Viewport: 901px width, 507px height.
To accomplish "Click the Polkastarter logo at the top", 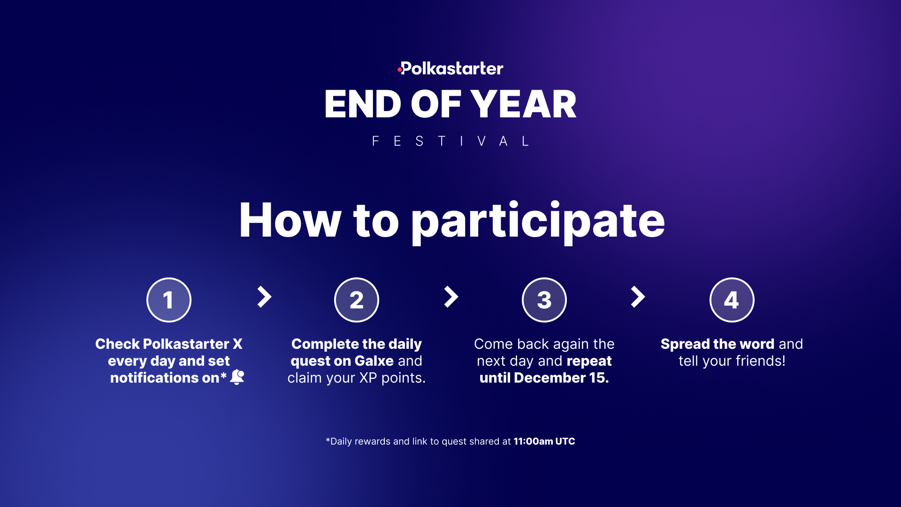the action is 450,69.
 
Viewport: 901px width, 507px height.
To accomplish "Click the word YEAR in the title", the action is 524,104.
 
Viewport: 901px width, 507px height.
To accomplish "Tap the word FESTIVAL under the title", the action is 450,141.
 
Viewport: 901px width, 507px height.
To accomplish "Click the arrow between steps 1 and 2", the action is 265,297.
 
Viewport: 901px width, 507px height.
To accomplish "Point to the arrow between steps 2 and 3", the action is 451,297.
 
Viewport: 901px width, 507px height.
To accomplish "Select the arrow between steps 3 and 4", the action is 638,297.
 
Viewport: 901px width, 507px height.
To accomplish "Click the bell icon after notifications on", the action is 237,377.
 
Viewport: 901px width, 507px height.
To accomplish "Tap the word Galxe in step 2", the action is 374,361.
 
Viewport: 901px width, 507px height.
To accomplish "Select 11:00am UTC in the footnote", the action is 544,441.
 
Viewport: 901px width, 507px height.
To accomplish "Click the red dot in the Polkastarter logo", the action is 399,70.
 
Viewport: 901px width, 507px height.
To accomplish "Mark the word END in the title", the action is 363,104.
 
